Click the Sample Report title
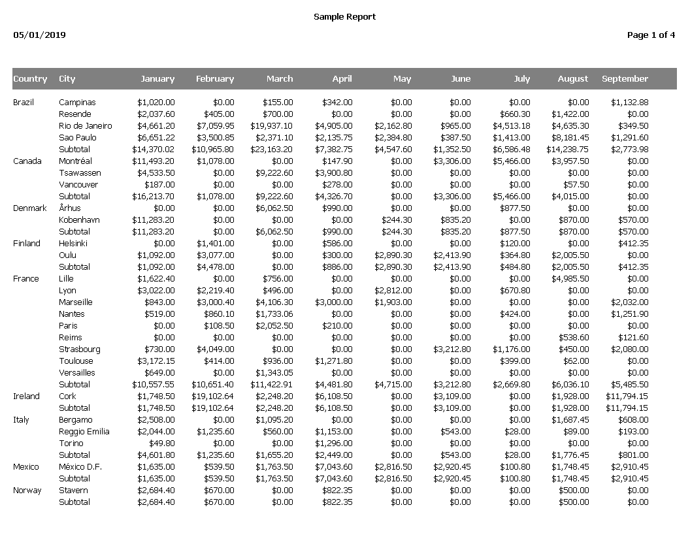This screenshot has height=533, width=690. point(344,17)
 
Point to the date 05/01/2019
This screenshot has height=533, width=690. point(39,35)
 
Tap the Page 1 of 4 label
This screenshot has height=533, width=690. point(651,35)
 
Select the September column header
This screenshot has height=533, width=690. point(625,79)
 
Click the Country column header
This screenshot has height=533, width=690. point(30,79)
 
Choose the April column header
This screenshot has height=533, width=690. point(342,79)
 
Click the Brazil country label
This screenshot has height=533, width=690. point(23,103)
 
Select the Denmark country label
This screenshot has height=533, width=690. point(30,208)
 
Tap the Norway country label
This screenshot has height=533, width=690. point(27,491)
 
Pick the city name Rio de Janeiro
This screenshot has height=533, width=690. point(85,126)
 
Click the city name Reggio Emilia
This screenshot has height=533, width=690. point(84,432)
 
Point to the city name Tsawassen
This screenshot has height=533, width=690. point(80,173)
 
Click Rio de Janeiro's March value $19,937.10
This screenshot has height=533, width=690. point(272,126)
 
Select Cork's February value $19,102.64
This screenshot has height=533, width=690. point(212,396)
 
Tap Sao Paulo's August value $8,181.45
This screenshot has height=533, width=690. point(570,138)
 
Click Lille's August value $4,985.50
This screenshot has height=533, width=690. point(570,279)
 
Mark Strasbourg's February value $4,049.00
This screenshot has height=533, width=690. point(215,349)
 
